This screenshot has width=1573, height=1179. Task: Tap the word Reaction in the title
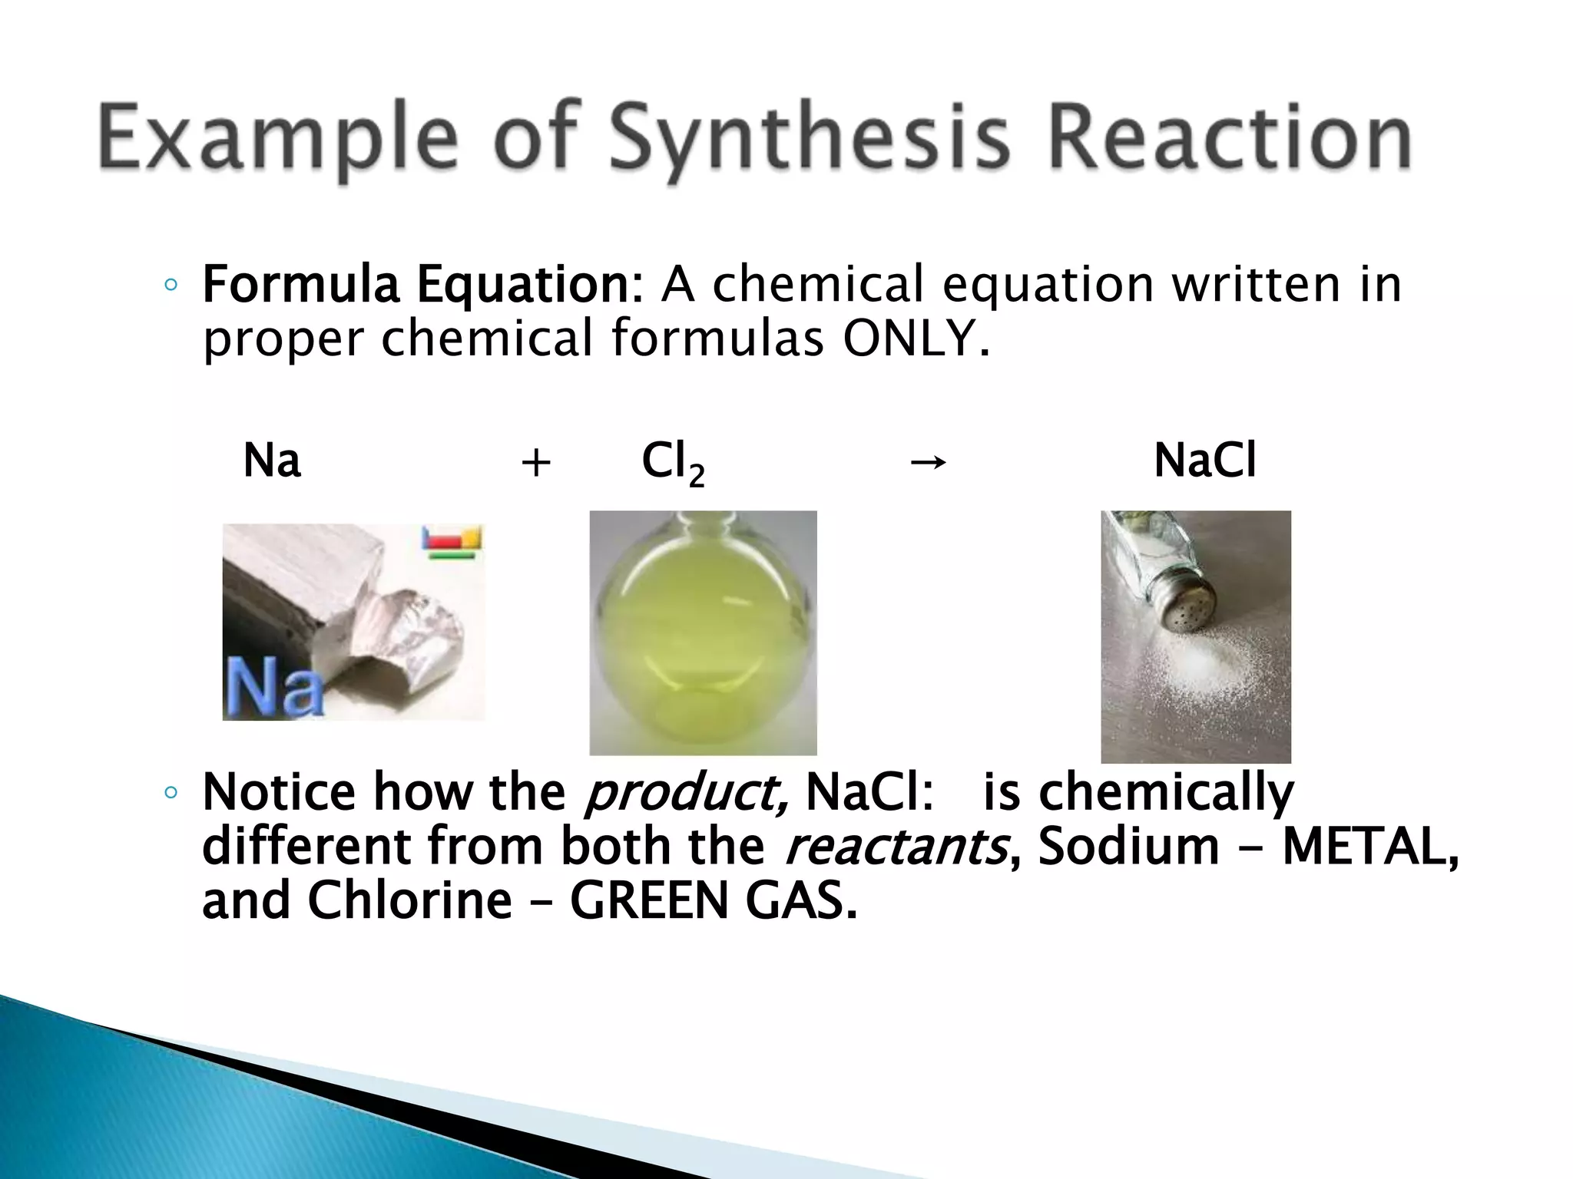1228,138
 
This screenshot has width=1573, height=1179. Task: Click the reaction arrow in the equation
927,462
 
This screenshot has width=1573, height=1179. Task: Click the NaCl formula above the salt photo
1204,461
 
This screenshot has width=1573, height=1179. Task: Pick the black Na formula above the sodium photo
272,461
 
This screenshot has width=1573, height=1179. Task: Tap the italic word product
685,792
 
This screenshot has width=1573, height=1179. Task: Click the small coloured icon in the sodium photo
452,541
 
